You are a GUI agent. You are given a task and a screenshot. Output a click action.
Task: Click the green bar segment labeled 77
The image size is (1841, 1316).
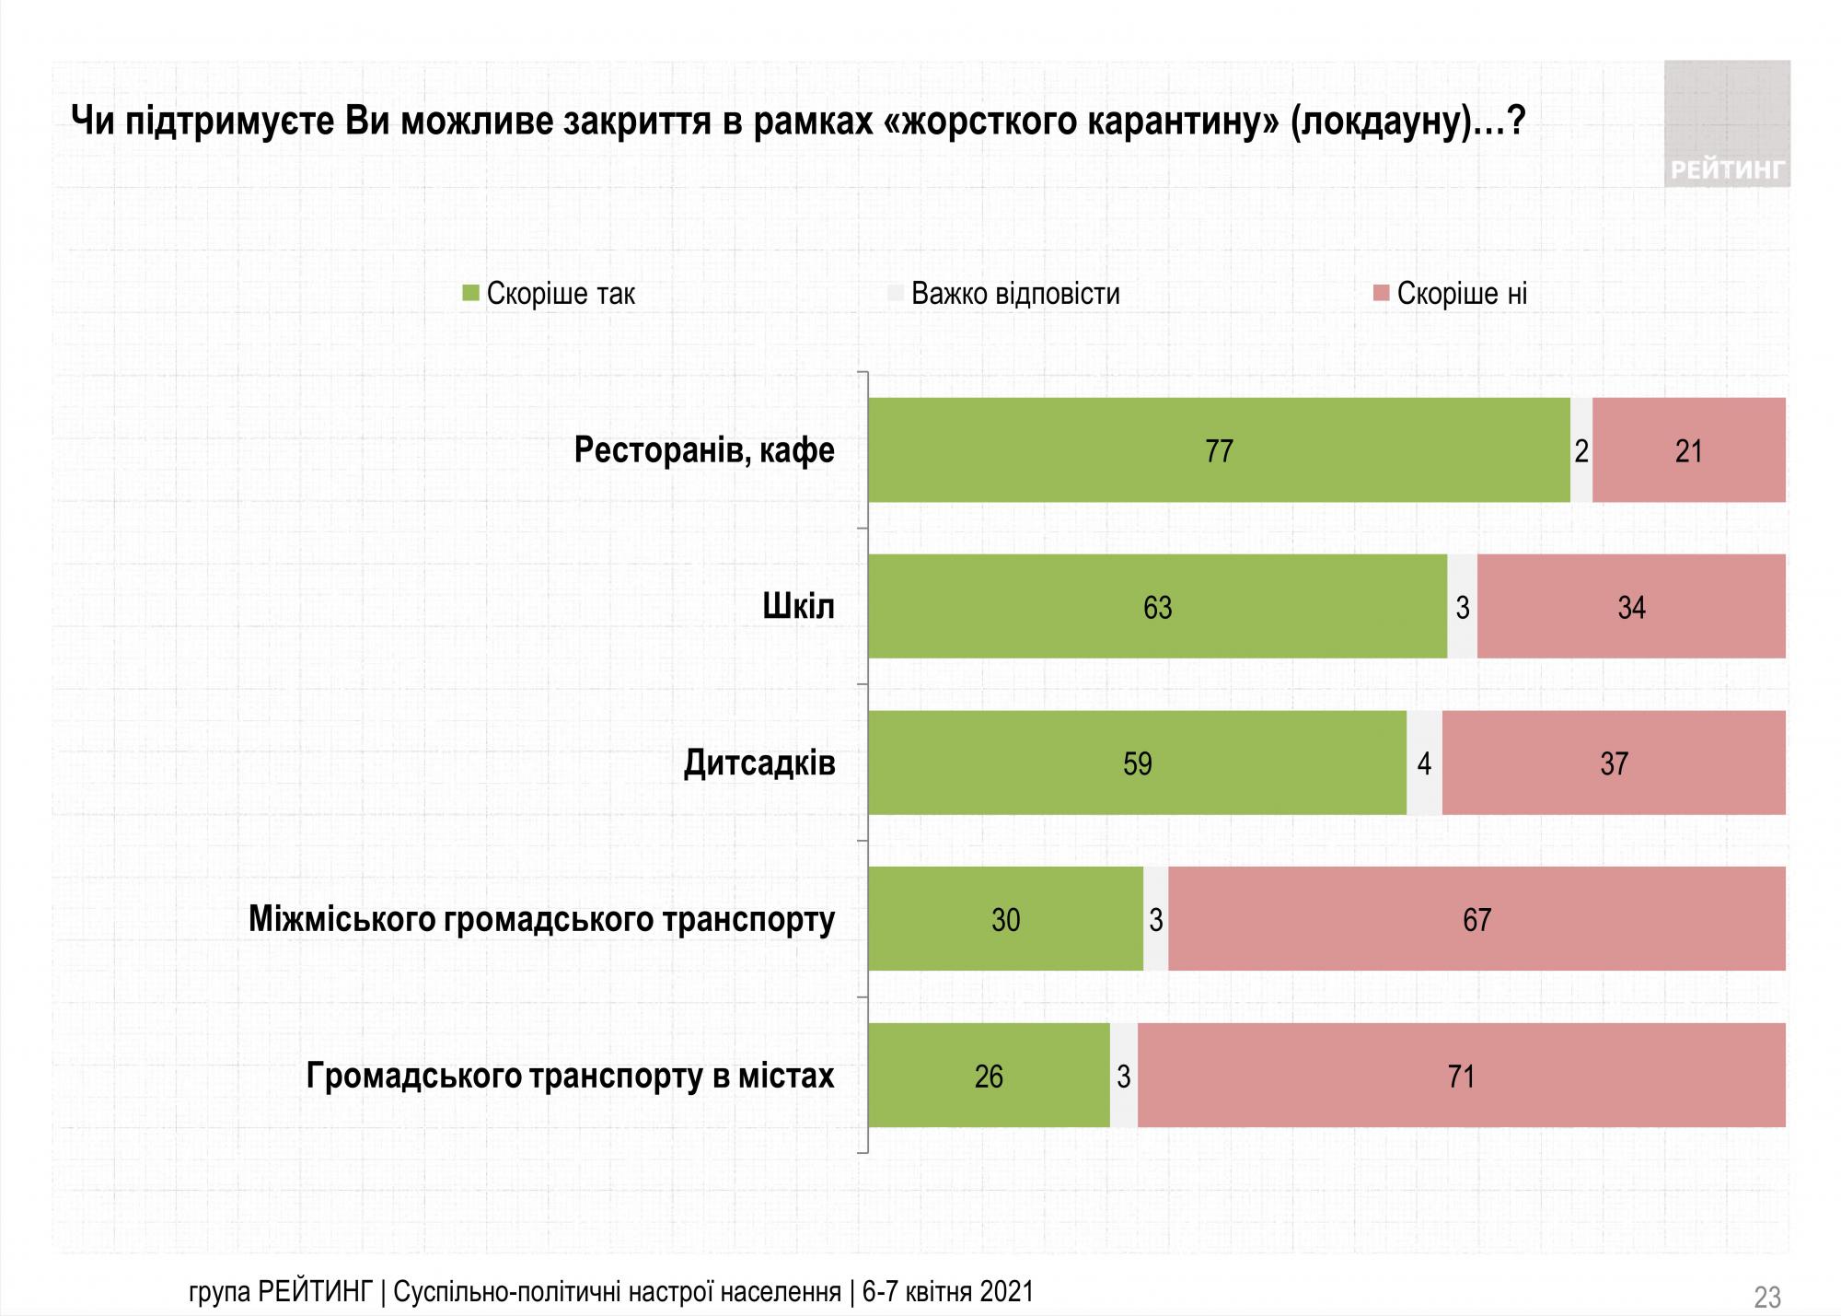tap(1219, 450)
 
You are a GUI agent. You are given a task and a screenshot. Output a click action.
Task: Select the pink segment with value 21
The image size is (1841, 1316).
tap(1688, 450)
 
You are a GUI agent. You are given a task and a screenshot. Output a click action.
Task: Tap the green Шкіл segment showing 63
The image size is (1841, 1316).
tap(1157, 607)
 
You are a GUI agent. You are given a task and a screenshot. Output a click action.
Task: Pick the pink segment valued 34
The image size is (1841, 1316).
tap(1631, 607)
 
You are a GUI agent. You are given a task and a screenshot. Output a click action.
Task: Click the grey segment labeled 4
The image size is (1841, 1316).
tap(1424, 763)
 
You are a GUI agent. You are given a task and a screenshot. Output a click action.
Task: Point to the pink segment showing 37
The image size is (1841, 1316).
tap(1614, 763)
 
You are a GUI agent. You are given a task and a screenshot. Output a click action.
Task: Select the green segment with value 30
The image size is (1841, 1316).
tap(1005, 919)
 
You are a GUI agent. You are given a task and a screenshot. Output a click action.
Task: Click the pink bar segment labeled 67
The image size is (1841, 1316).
tap(1476, 919)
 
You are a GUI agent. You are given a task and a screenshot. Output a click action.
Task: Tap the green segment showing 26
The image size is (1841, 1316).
tap(989, 1076)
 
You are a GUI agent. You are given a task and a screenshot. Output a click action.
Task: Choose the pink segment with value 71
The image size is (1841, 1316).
tap(1461, 1076)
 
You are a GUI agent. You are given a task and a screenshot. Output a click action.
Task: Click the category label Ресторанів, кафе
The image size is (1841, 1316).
tap(704, 450)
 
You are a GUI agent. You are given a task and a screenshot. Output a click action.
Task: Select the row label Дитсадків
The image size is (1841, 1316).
tap(759, 763)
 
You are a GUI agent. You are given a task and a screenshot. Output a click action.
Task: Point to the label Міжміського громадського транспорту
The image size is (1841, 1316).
tap(541, 919)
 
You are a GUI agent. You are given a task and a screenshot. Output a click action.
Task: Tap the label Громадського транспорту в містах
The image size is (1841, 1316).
tap(570, 1076)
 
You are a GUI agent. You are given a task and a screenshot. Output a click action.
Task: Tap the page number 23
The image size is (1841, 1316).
tap(1766, 1297)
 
